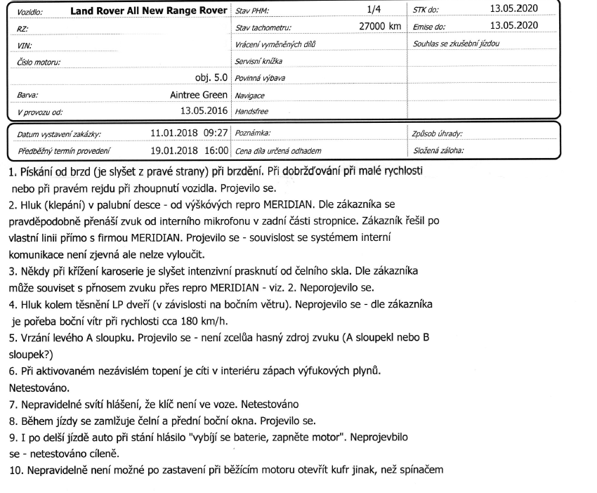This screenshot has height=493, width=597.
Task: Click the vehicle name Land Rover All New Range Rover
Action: pyautogui.click(x=150, y=12)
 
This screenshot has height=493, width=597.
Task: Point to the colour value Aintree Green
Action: pyautogui.click(x=199, y=95)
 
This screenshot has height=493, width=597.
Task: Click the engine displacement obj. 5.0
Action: pyautogui.click(x=211, y=78)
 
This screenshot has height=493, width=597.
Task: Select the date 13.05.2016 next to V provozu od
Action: pyautogui.click(x=204, y=111)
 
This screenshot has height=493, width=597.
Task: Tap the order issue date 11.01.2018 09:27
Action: pyautogui.click(x=190, y=132)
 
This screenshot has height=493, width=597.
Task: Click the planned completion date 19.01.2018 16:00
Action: pyautogui.click(x=190, y=150)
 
